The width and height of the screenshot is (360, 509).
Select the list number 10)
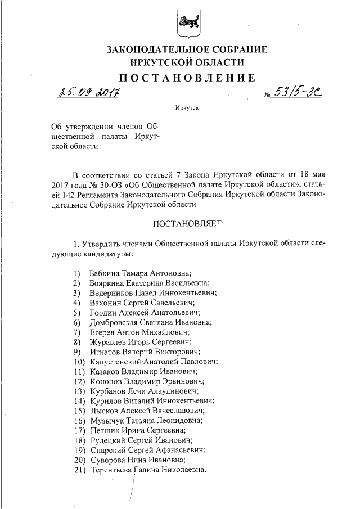click(79, 362)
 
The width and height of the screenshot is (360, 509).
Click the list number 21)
click(79, 470)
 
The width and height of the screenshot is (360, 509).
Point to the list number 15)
click(79, 411)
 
